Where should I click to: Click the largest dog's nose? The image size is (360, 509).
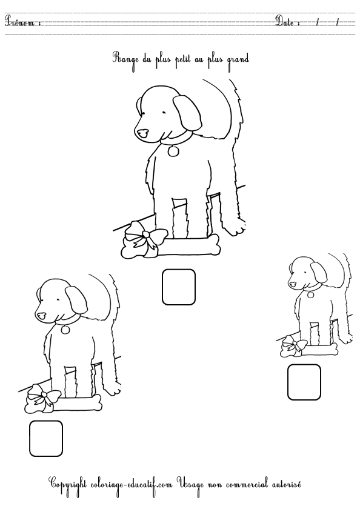142,133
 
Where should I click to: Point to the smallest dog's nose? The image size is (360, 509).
293,284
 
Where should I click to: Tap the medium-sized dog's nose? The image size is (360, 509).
41,315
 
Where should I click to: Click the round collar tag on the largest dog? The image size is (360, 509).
173,151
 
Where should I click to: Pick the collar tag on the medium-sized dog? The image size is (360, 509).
65,330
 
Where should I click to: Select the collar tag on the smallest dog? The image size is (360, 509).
310,294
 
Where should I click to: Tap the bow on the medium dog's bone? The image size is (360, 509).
42,398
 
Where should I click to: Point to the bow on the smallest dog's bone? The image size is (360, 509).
293,347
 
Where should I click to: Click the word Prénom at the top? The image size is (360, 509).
20,21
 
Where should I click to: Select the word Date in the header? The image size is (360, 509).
285,21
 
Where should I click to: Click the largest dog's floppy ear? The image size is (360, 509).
187,112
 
